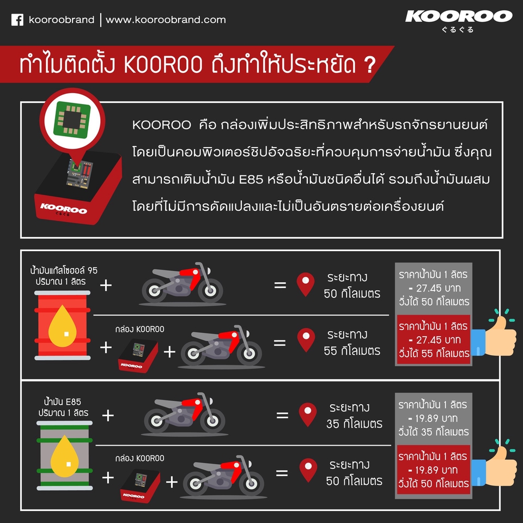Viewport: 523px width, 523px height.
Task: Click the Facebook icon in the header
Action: click(x=17, y=20)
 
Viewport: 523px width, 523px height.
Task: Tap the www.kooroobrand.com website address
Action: click(x=166, y=20)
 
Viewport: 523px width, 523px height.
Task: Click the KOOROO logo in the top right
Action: click(x=459, y=16)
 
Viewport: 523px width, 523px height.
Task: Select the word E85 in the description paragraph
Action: click(x=250, y=180)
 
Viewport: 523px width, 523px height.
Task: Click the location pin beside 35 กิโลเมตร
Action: click(x=308, y=414)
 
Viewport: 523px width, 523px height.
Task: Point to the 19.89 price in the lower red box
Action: click(x=433, y=470)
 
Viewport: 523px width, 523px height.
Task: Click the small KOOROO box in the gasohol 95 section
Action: click(x=138, y=355)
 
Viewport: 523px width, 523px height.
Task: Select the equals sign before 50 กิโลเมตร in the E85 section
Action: click(x=282, y=473)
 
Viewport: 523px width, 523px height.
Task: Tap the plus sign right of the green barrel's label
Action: click(x=108, y=416)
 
